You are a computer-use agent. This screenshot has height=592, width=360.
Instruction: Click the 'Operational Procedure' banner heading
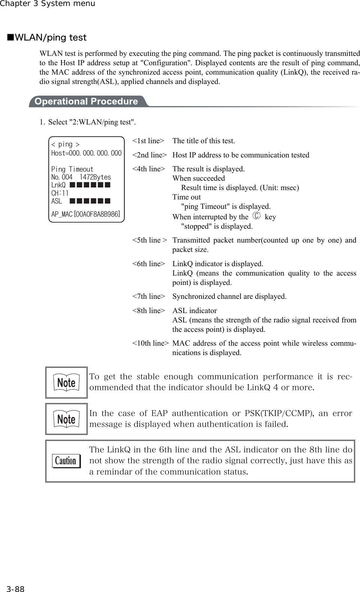pyautogui.click(x=86, y=102)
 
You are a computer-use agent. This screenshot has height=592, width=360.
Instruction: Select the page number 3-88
pyautogui.click(x=15, y=589)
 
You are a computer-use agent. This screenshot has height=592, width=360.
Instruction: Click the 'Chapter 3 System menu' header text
pyautogui.click(x=48, y=4)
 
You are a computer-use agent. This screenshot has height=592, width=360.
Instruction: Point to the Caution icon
pyautogui.click(x=66, y=461)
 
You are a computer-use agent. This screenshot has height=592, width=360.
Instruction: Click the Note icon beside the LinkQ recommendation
pyautogui.click(x=66, y=382)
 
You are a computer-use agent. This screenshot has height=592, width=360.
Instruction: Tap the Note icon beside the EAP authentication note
pyautogui.click(x=66, y=419)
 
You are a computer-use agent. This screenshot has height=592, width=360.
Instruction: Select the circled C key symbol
pyautogui.click(x=256, y=217)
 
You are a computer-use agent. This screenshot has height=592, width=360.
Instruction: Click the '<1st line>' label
pyautogui.click(x=148, y=141)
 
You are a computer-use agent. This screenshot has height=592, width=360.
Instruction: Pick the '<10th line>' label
pyautogui.click(x=150, y=343)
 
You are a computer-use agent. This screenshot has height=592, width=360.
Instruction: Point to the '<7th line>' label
pyautogui.click(x=148, y=297)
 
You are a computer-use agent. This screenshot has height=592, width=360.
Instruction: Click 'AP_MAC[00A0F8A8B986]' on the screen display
pyautogui.click(x=86, y=214)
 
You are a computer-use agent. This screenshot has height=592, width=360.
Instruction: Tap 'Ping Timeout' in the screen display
pyautogui.click(x=72, y=169)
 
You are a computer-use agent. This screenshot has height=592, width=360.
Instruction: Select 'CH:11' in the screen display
pyautogui.click(x=60, y=193)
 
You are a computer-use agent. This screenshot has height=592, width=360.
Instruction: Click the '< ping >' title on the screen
pyautogui.click(x=65, y=144)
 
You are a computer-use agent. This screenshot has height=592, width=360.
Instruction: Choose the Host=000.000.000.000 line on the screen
pyautogui.click(x=86, y=153)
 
